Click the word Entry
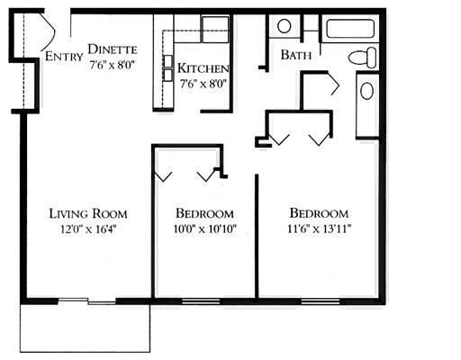pyautogui.click(x=61, y=58)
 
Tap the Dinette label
pyautogui.click(x=113, y=49)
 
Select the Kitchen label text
pyautogui.click(x=203, y=68)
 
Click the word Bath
pyautogui.click(x=296, y=55)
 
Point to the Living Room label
pyautogui.click(x=87, y=213)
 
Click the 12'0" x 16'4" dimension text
pyautogui.click(x=87, y=229)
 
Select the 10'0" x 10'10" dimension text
pyautogui.click(x=204, y=229)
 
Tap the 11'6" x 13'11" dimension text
pyautogui.click(x=319, y=229)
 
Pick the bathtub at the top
pyautogui.click(x=353, y=28)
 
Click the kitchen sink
pyautogui.click(x=214, y=24)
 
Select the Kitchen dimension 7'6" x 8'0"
pyautogui.click(x=203, y=84)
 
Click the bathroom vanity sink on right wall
pyautogui.click(x=367, y=90)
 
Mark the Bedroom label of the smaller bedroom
pyautogui.click(x=204, y=213)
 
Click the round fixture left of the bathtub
pyautogui.click(x=284, y=26)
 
